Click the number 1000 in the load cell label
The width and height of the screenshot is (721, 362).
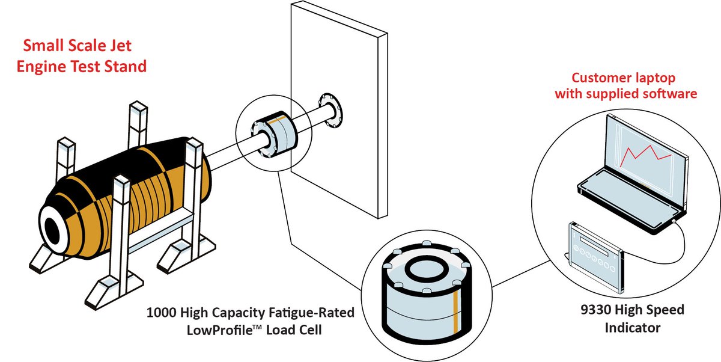pos(160,313)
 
